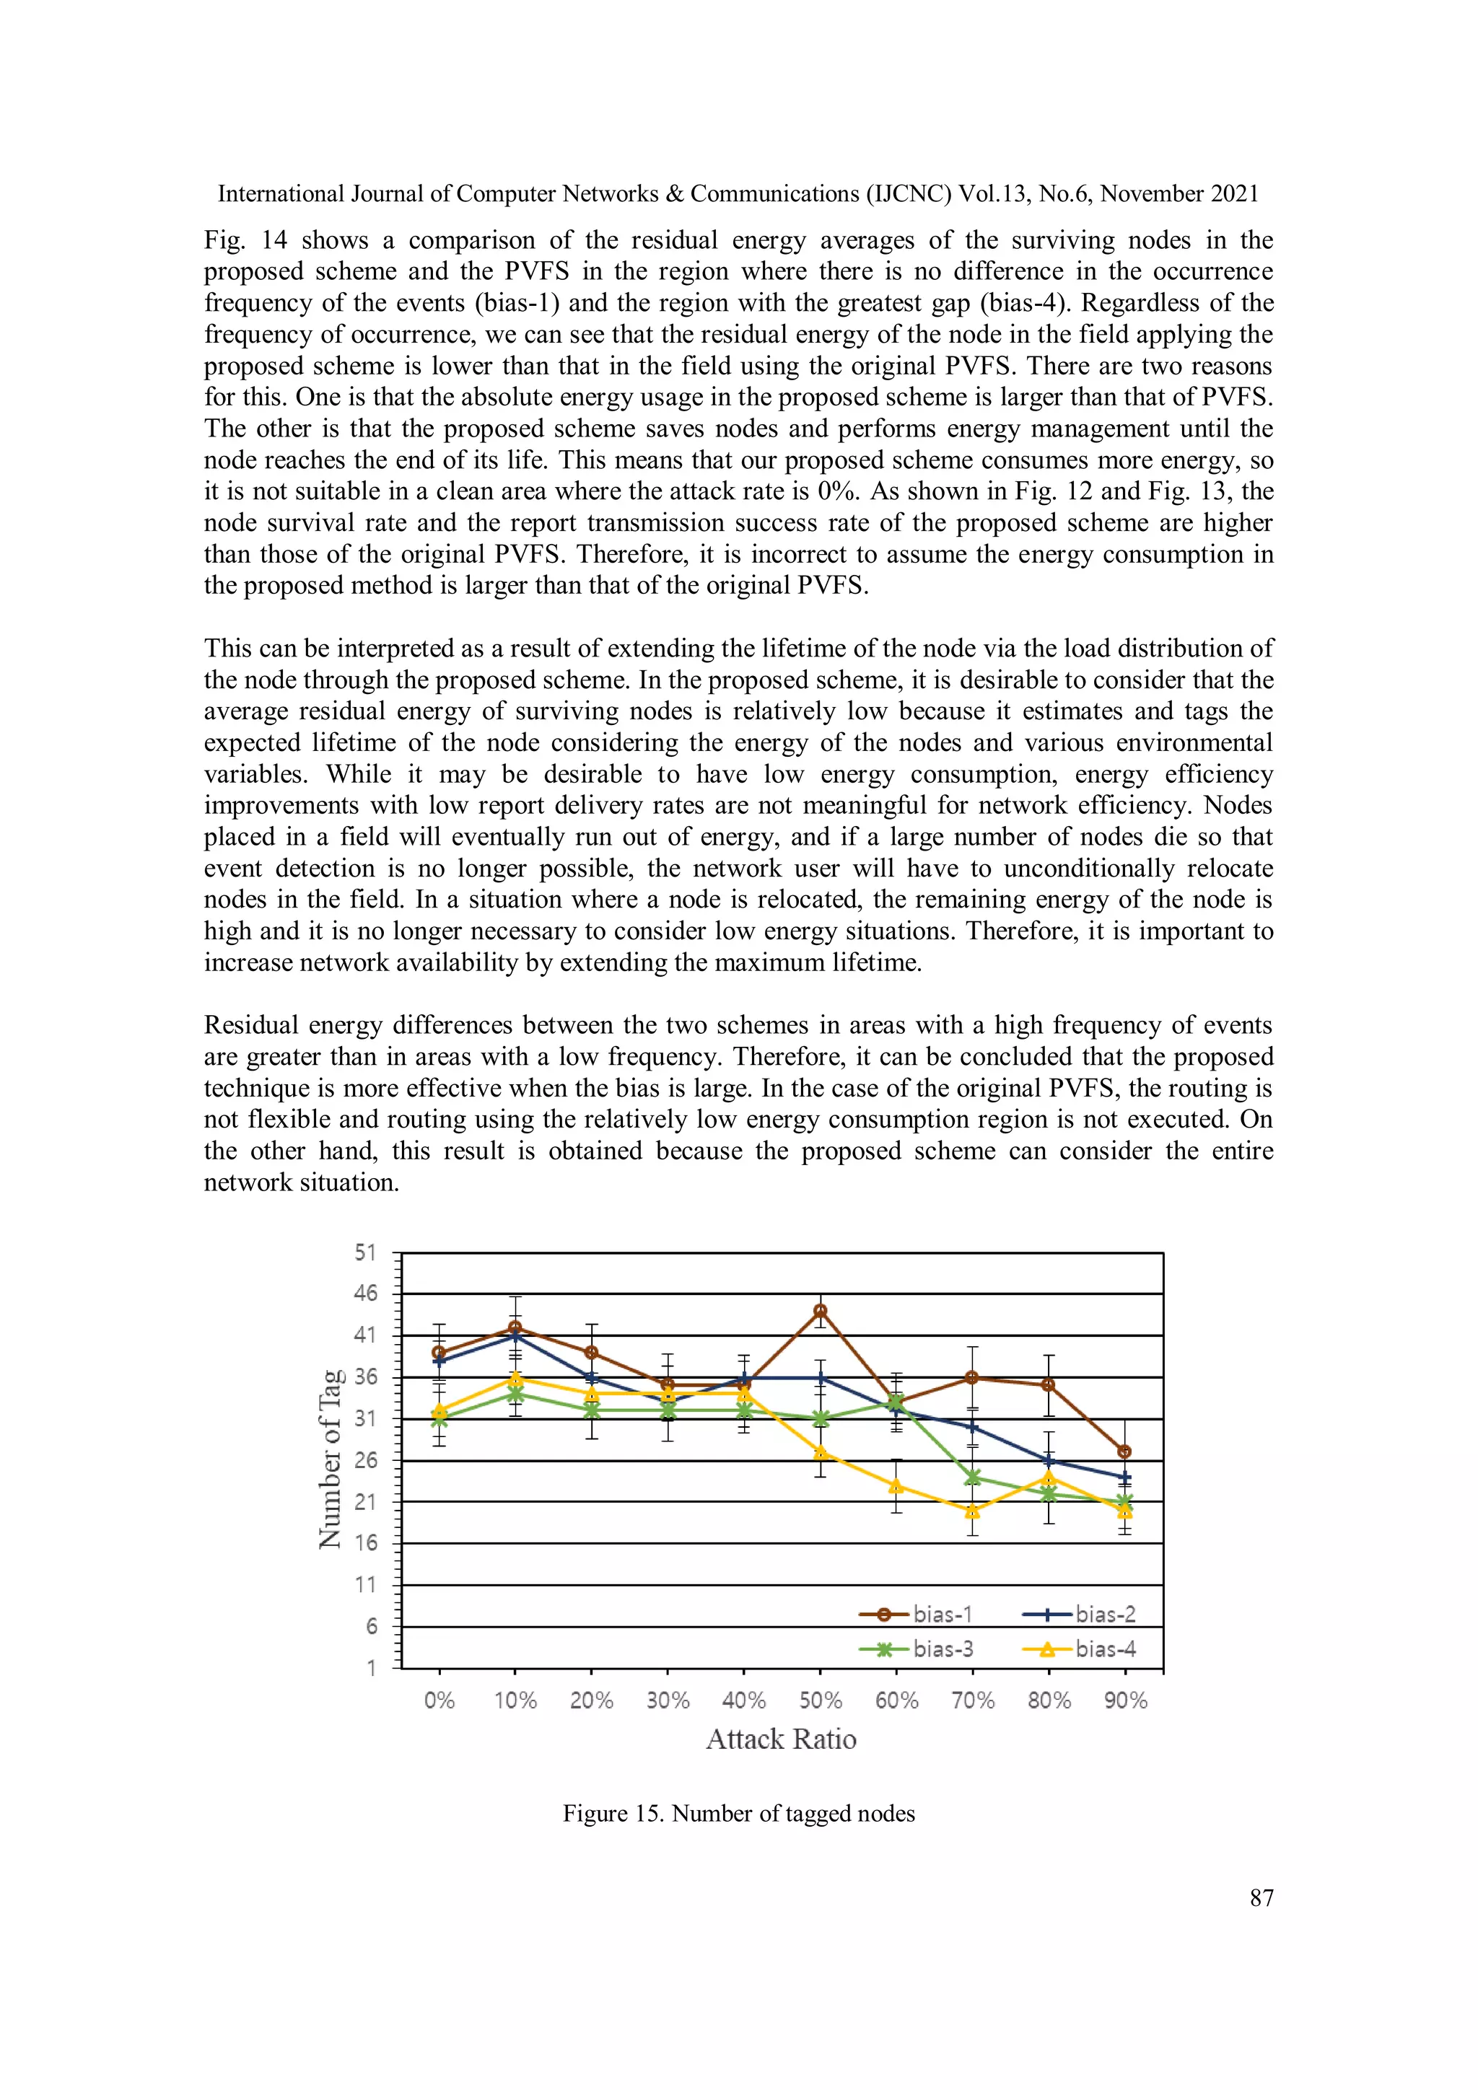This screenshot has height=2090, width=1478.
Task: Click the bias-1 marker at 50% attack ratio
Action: pos(820,1311)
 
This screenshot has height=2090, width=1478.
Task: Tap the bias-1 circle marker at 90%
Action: pos(1124,1451)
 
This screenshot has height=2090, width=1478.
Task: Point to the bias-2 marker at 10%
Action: pos(515,1336)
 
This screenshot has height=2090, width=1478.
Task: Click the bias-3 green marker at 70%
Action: pos(973,1477)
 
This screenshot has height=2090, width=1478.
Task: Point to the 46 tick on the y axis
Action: pos(365,1294)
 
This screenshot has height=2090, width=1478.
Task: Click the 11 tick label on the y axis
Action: pos(365,1585)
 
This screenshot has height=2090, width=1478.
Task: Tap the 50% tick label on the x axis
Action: pos(820,1700)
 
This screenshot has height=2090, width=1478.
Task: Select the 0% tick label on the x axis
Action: pos(439,1700)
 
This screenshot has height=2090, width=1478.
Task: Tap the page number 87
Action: pos(1261,1898)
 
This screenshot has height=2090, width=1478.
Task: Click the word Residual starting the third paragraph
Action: pos(250,1025)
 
